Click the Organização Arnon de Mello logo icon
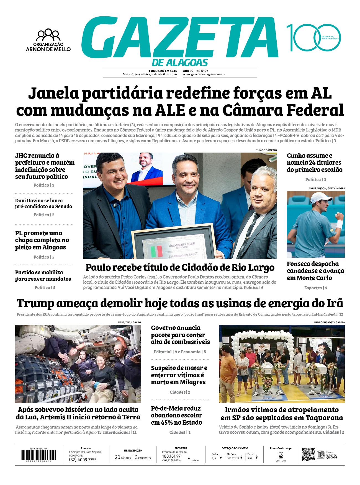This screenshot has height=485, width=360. point(48,35)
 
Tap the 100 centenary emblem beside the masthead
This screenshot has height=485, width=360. point(313,38)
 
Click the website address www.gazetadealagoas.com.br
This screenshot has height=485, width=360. point(204,74)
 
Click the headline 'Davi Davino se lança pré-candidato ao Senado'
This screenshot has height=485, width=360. point(43,203)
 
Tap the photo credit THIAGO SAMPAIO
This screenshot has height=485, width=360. point(266,150)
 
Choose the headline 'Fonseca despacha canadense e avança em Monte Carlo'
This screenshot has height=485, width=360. point(315,271)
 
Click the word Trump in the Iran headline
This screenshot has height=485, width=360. point(35,303)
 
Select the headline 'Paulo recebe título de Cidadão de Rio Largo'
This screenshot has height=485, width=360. point(180,268)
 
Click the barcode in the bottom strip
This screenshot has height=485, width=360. point(38,455)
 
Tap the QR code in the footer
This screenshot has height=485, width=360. point(308,455)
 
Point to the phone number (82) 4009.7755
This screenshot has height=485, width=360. point(83,460)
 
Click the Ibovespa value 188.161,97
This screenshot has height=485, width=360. point(171,456)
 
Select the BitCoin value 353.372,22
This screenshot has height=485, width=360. point(233,458)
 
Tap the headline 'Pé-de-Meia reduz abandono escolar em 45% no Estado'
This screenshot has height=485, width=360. point(176,415)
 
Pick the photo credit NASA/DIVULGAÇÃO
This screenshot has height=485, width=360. point(129,323)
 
